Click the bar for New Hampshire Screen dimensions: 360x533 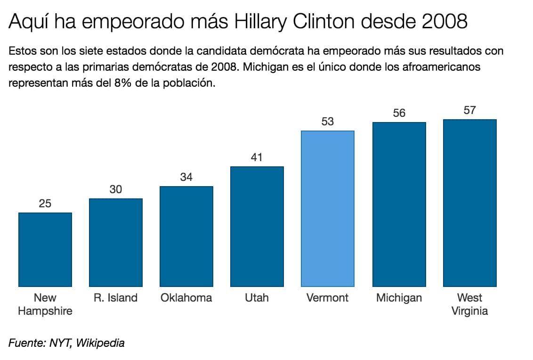(45, 249)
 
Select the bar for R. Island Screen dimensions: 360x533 (116, 242)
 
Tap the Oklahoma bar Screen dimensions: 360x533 (186, 236)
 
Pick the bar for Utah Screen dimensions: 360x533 (257, 226)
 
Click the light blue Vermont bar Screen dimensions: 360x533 (328, 208)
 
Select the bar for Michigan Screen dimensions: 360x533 (399, 204)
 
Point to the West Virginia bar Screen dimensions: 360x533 (469, 203)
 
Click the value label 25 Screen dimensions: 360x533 (45, 204)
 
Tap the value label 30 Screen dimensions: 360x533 (116, 189)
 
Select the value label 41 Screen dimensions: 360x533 (257, 157)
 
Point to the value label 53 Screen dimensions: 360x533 (328, 122)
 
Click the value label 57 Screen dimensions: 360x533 (469, 110)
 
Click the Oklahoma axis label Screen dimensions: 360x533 (186, 298)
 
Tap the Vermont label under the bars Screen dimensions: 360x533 (328, 298)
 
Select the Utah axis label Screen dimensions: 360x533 (257, 298)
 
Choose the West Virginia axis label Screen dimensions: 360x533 (469, 304)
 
